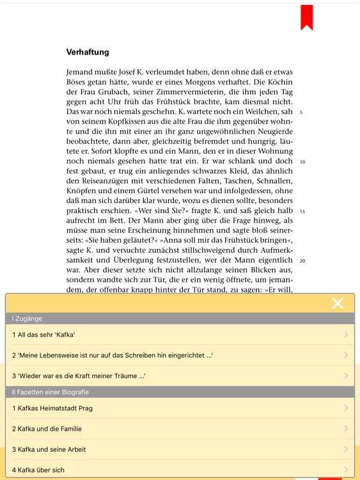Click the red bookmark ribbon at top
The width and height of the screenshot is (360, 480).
pos(307,17)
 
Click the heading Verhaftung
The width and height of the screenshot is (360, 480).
pos(88,52)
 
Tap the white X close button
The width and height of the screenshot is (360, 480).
pos(338,303)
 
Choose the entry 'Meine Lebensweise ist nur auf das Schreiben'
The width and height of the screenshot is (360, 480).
pos(112,355)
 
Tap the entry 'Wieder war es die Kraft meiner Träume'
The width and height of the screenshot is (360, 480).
pos(79,376)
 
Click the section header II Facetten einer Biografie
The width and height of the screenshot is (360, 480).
pos(51,392)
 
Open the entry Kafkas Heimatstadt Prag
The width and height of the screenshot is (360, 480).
pos(52,408)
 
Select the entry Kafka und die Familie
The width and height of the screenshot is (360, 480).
pos(47,429)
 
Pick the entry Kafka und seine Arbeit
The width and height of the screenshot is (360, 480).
pos(49,449)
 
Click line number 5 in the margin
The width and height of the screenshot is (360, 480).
pos(301,113)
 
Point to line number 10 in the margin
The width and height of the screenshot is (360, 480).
pos(302,162)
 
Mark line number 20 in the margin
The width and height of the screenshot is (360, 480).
pos(302,261)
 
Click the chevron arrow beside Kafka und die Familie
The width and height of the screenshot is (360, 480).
pos(346,429)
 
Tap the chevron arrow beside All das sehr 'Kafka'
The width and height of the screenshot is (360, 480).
pos(346,335)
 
